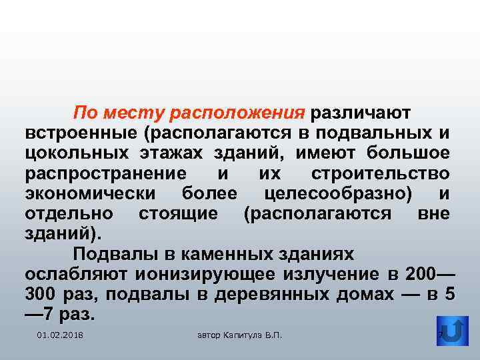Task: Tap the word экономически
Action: pos(91,194)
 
